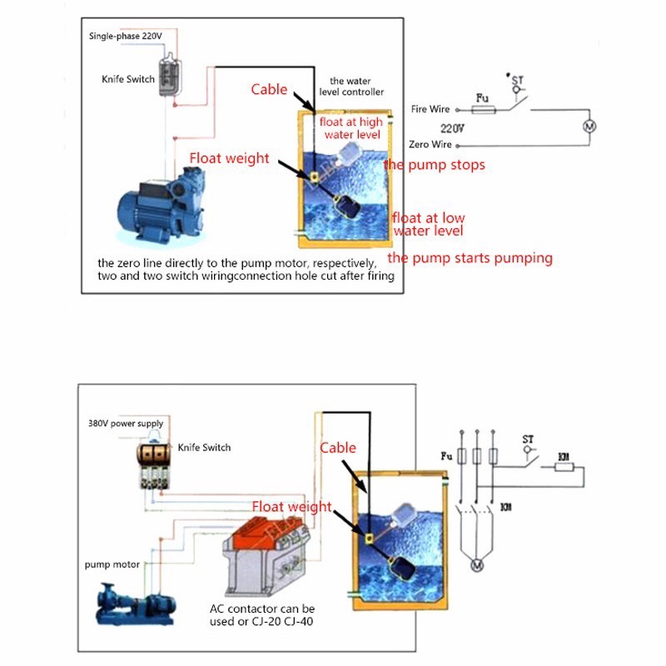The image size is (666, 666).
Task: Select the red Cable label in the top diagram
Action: coord(269,89)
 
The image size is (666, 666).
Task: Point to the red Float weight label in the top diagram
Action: coord(229,158)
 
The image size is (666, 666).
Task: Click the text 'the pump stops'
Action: coord(435,165)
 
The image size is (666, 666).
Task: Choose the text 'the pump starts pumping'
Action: coord(470,257)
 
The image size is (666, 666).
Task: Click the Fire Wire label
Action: coord(430,109)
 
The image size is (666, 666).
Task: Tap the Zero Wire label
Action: coord(430,144)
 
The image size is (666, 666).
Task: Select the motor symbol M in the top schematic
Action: coord(589,127)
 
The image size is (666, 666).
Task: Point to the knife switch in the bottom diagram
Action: coord(156,466)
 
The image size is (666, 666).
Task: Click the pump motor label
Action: coord(109,564)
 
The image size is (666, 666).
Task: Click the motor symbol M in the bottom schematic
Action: coord(477,566)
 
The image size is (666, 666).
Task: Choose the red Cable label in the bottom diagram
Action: coord(338,448)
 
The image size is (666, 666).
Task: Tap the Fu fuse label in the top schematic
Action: coord(481,97)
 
